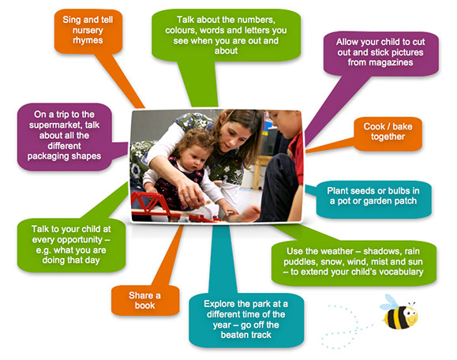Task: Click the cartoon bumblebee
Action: coord(400,313)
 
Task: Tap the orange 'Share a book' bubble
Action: coord(145,300)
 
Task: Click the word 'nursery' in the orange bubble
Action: coord(88,30)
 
